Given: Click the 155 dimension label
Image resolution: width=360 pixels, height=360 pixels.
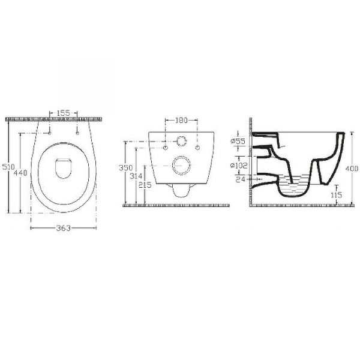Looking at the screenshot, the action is [x=64, y=113].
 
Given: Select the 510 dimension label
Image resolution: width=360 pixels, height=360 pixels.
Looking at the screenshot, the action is [x=8, y=167].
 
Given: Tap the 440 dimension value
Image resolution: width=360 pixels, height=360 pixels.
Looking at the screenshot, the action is [x=20, y=173].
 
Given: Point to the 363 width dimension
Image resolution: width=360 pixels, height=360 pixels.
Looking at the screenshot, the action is [x=64, y=228].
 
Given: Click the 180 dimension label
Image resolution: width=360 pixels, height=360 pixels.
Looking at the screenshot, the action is [x=181, y=120].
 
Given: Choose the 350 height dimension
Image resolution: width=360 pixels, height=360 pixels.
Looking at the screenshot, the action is [x=126, y=168].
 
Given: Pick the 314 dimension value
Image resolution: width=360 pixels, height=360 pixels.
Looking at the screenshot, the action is [x=136, y=176].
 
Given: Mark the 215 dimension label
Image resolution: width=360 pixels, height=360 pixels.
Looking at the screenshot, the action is [x=145, y=185].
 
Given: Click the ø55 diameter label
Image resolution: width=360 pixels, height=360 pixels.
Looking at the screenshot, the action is [x=238, y=141].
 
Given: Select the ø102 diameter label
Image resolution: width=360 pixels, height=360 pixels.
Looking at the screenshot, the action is [x=239, y=166].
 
